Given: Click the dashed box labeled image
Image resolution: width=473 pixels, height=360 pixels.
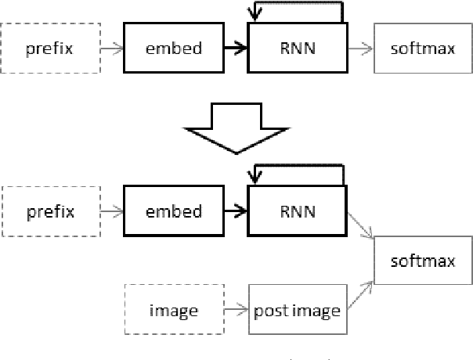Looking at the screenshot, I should (173, 311).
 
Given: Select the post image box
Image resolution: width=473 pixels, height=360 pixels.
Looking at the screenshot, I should (298, 311).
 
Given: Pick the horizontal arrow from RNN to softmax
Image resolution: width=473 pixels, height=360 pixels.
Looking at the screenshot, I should (359, 49).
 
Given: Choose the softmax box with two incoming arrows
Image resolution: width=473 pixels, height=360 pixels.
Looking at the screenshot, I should (424, 261).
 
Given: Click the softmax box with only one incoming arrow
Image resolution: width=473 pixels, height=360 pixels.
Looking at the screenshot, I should (423, 49).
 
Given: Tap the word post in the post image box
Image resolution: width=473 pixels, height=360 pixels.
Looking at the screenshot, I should (269, 311).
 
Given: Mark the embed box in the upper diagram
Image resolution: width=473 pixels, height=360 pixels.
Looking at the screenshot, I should (173, 49).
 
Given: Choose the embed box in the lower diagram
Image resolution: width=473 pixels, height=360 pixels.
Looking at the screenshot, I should (173, 211).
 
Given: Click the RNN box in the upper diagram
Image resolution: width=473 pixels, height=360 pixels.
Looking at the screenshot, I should (298, 49).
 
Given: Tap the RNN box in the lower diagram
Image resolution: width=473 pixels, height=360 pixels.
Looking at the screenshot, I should (298, 211).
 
